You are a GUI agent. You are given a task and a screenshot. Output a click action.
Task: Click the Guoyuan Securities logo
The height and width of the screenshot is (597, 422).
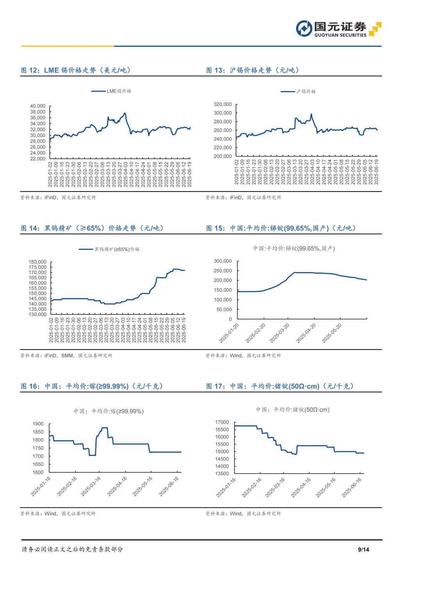338,29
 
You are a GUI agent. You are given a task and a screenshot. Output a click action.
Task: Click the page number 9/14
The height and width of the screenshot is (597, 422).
363,549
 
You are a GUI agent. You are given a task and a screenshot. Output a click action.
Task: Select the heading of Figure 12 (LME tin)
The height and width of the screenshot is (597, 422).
76,70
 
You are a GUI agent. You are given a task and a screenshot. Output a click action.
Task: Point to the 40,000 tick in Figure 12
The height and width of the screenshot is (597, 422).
38,106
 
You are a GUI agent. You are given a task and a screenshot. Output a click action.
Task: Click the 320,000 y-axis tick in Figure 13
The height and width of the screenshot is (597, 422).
223,104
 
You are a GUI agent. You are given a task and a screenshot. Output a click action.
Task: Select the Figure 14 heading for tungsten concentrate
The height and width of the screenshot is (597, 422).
92,228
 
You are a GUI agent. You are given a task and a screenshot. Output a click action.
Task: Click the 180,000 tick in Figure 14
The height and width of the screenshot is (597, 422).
38,262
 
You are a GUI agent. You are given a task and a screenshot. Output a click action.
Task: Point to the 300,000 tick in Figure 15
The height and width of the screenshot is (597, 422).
223,261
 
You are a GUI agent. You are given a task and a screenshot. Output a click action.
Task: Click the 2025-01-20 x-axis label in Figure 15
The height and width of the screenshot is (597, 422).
229,333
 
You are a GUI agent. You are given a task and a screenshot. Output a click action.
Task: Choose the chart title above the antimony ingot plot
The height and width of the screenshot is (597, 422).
294,248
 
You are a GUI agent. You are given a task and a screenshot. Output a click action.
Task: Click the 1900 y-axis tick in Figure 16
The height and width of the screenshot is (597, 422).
38,424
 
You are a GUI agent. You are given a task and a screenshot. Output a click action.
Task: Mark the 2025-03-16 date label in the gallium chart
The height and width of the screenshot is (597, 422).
91,486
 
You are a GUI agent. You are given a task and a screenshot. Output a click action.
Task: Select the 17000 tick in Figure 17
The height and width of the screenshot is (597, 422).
222,422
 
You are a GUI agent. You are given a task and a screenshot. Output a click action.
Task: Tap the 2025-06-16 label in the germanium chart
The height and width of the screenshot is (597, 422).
352,488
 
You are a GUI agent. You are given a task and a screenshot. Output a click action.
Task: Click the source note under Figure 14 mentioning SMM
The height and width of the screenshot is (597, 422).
66,355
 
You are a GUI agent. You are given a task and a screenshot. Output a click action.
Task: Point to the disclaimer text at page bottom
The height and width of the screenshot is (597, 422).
72,549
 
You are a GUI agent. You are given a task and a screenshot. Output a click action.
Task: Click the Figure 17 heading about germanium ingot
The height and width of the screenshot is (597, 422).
280,386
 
